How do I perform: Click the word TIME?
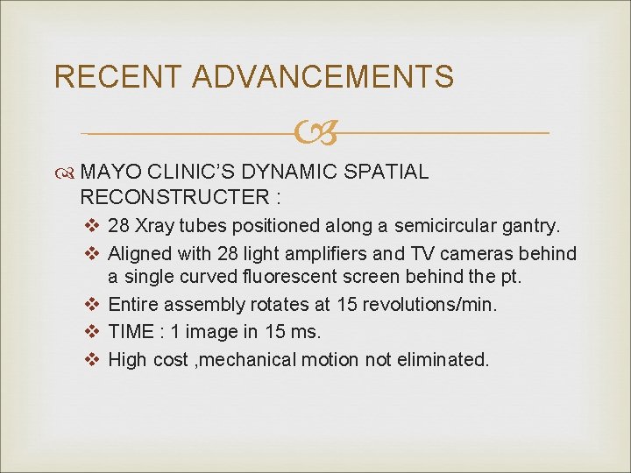click(x=131, y=333)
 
